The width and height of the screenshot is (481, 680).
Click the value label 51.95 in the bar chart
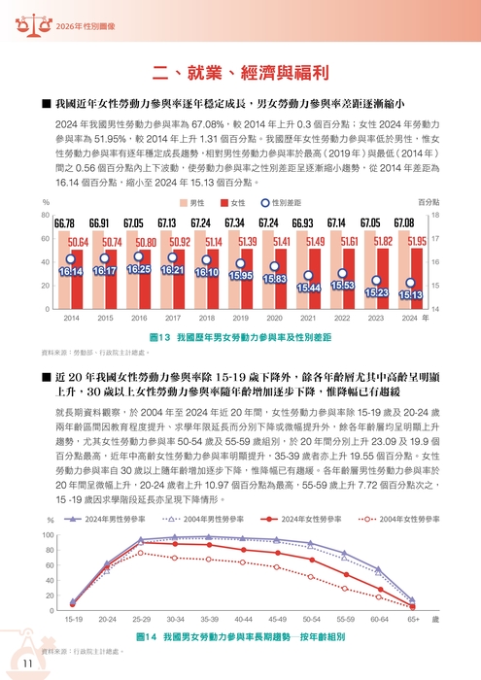pyautogui.click(x=418, y=241)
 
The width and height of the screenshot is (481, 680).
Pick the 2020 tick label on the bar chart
pyautogui.click(x=275, y=318)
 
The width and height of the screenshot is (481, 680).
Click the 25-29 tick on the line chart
pyautogui.click(x=141, y=618)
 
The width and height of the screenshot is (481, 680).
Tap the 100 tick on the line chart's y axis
pyautogui.click(x=48, y=536)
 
